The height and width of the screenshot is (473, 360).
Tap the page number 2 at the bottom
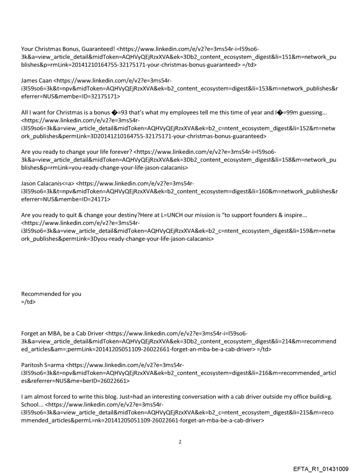[x=180, y=441]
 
